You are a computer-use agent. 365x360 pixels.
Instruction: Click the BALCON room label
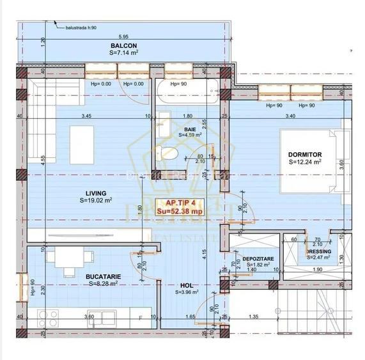(x=123, y=46)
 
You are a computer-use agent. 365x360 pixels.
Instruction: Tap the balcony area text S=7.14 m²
(x=123, y=54)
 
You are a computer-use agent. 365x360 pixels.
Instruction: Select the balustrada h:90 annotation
(x=80, y=27)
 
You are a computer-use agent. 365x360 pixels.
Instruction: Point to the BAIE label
(x=190, y=128)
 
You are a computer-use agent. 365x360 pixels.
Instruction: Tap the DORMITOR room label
(x=305, y=155)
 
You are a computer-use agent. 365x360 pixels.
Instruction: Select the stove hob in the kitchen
(x=48, y=316)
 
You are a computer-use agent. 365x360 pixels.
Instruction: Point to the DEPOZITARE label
(x=258, y=258)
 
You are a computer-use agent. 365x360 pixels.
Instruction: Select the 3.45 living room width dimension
(x=86, y=116)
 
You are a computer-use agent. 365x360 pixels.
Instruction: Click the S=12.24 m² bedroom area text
(x=305, y=162)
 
